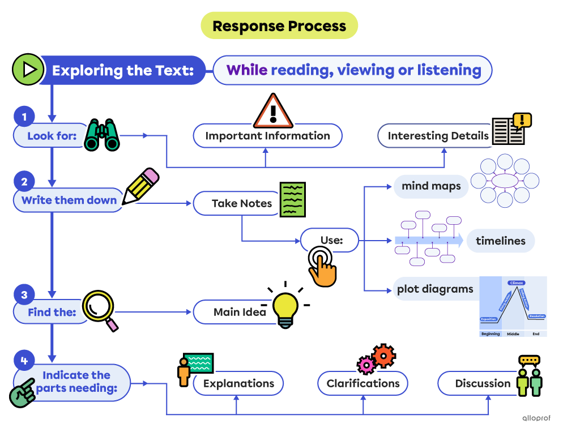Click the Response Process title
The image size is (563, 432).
pos(279,26)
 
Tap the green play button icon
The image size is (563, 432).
pos(28,70)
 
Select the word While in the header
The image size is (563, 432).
pos(246,70)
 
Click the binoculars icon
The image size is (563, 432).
pos(102,135)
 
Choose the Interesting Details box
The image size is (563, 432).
pos(437,136)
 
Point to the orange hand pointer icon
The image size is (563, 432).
pos(322,267)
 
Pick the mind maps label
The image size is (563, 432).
pos(431,186)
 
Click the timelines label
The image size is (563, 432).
pos(500,241)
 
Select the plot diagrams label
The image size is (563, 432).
pos(435,289)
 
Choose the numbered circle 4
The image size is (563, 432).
pos(24,360)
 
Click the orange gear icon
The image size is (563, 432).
pos(383,356)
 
